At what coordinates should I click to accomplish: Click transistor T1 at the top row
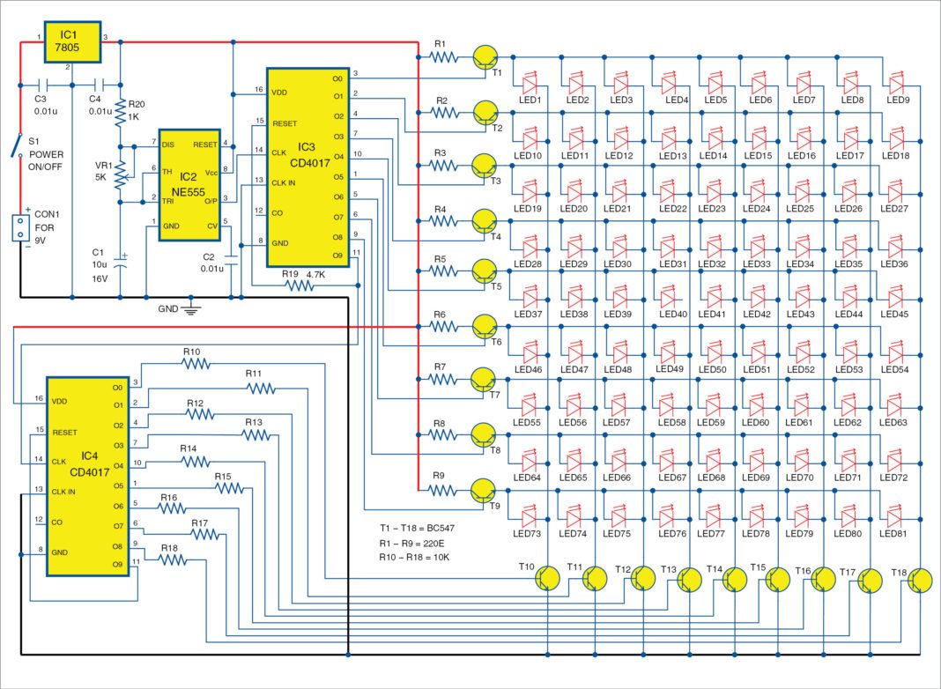point(485,57)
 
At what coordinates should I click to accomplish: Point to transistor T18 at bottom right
point(922,580)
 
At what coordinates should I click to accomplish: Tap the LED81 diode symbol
point(896,515)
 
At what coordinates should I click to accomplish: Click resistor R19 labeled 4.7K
point(300,285)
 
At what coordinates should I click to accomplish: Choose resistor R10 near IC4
point(191,363)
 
